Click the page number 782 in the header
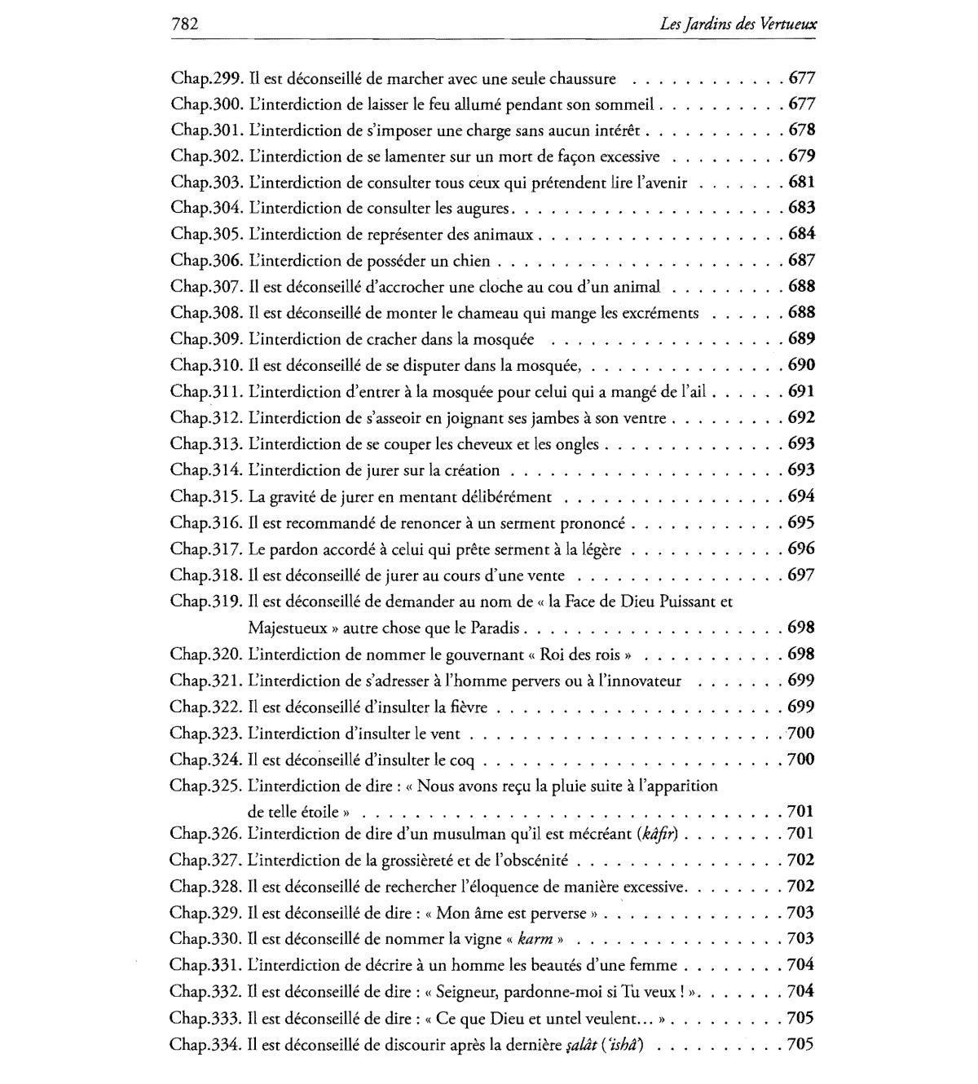click(x=185, y=24)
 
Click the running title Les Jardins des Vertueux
click(x=738, y=25)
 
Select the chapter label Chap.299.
click(x=207, y=79)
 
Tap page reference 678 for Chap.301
click(x=802, y=130)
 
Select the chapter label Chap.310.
click(x=207, y=365)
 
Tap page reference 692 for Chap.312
click(x=802, y=418)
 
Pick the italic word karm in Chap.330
click(x=535, y=939)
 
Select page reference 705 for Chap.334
click(x=800, y=1043)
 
